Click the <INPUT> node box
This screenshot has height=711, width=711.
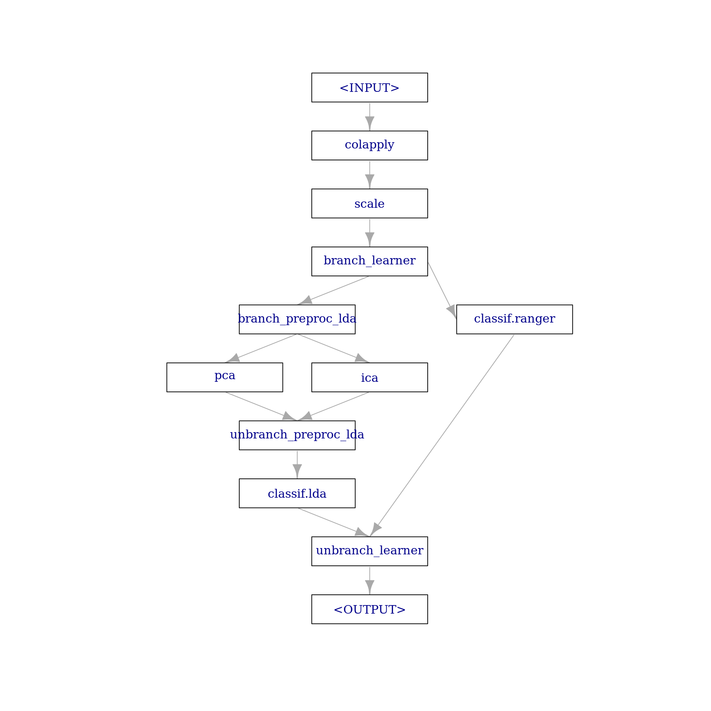click(x=370, y=87)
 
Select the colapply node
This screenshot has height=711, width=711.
click(x=370, y=146)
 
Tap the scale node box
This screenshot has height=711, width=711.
click(x=370, y=203)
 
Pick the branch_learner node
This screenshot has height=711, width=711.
click(x=370, y=261)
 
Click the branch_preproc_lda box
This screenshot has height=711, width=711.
click(x=297, y=319)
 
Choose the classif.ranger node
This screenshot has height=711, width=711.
click(x=514, y=319)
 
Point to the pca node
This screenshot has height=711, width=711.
click(x=225, y=377)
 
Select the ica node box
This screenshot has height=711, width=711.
click(x=370, y=377)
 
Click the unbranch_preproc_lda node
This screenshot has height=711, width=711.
click(x=297, y=435)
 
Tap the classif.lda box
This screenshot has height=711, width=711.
click(x=297, y=493)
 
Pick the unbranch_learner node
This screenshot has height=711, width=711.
click(x=370, y=551)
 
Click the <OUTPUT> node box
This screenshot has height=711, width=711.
click(x=370, y=609)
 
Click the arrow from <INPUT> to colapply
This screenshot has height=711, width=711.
click(x=370, y=117)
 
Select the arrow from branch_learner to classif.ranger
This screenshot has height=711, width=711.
click(x=442, y=290)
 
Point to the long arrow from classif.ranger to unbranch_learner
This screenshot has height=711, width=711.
click(x=442, y=435)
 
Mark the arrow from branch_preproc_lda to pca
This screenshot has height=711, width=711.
click(x=261, y=348)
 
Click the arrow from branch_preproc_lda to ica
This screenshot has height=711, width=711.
click(x=333, y=348)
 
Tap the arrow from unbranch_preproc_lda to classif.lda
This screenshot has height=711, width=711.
click(x=297, y=464)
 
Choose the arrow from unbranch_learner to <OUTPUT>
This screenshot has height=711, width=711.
click(x=370, y=580)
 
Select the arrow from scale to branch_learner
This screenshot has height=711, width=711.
click(x=370, y=233)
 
